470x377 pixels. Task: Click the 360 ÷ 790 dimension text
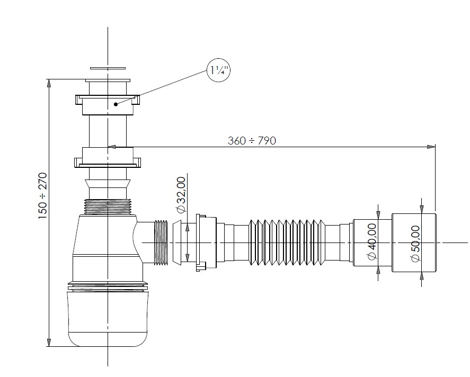[x=252, y=140]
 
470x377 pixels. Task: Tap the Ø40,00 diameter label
[x=371, y=241]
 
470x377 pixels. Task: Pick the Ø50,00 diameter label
[x=415, y=243]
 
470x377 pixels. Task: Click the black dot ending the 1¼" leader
[x=116, y=104]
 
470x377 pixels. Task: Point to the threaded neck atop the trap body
[x=108, y=205]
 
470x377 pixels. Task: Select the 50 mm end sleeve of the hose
[x=413, y=242]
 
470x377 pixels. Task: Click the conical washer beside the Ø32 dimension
[x=178, y=242]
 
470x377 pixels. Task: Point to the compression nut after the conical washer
[x=206, y=243]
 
